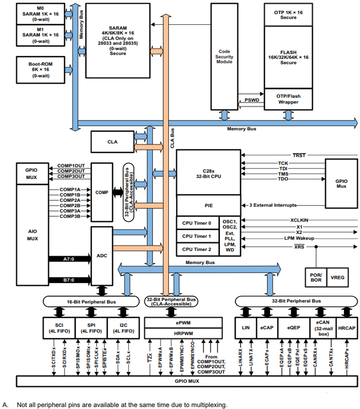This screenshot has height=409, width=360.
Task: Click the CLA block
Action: click(112, 142)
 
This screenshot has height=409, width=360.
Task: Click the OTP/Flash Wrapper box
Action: click(288, 99)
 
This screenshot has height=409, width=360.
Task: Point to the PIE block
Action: click(208, 205)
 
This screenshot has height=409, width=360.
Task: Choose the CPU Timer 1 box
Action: click(197, 236)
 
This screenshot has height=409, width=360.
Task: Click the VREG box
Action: click(338, 277)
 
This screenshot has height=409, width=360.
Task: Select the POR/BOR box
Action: click(316, 277)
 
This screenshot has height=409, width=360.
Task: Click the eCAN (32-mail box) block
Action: click(323, 328)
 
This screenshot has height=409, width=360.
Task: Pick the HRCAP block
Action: click(347, 328)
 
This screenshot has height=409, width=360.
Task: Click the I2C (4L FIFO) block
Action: click(123, 328)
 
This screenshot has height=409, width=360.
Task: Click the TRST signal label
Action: click(299, 155)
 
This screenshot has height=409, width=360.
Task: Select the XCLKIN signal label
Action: click(300, 220)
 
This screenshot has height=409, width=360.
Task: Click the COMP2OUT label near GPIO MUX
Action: click(71, 171)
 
